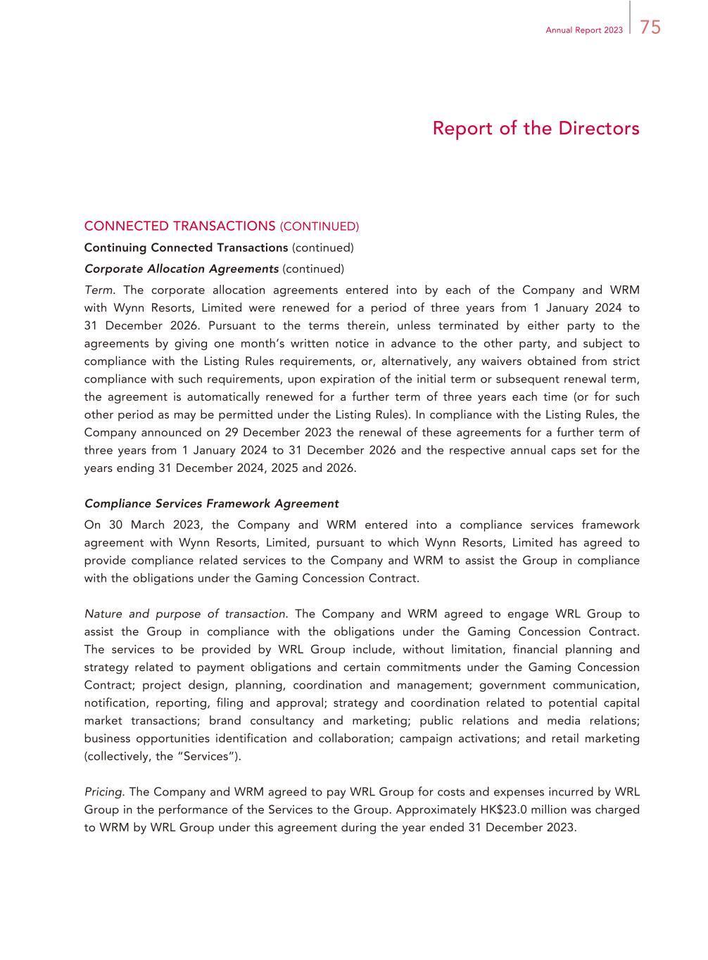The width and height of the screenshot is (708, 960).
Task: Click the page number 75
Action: click(x=650, y=28)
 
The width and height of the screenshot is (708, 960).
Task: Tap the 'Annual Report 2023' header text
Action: click(x=583, y=30)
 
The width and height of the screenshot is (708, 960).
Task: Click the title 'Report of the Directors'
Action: click(x=536, y=129)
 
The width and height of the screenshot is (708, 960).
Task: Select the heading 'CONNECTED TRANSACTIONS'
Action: click(x=179, y=226)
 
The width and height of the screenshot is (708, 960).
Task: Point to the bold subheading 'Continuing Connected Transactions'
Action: click(x=186, y=248)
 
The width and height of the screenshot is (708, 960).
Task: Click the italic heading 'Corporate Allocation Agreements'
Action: click(x=182, y=269)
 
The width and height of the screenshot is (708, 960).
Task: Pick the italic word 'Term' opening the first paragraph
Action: click(x=98, y=290)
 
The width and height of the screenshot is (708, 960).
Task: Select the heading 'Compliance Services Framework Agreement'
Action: click(x=211, y=504)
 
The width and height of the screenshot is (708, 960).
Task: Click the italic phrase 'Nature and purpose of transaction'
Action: click(x=185, y=614)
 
